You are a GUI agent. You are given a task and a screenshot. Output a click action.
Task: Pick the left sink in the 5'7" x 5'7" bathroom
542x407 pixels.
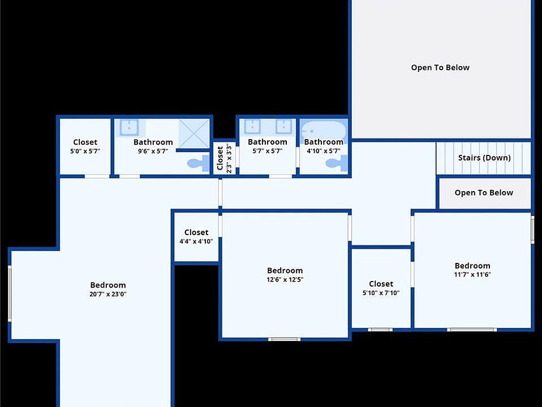coord(252,127)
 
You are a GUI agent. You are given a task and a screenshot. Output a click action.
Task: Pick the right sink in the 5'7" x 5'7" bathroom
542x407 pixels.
coord(283,127)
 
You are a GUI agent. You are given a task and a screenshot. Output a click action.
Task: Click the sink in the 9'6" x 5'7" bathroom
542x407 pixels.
coord(128,128)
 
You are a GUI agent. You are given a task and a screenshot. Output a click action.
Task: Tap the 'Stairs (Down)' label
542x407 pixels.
coord(484,158)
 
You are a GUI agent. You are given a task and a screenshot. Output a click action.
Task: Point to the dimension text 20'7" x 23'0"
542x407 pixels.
coord(108,294)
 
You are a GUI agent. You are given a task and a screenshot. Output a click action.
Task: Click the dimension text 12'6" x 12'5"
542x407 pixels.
coord(285,279)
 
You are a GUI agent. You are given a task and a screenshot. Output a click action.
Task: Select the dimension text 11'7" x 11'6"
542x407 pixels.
coord(472,275)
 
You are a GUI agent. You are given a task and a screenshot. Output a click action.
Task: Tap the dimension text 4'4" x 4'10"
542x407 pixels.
coord(196,241)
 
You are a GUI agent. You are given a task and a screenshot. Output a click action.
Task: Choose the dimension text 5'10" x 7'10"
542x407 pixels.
coord(381,293)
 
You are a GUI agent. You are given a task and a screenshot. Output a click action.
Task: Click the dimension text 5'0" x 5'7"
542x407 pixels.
coord(85,151)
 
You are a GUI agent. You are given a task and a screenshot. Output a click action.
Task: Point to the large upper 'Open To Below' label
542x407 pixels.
coord(440,67)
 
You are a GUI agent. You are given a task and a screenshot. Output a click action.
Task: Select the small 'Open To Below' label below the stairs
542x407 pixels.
coord(484,193)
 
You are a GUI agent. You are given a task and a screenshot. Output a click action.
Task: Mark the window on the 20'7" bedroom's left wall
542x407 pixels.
coord(10,293)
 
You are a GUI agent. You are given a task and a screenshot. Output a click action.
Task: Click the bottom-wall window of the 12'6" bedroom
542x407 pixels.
coord(284,339)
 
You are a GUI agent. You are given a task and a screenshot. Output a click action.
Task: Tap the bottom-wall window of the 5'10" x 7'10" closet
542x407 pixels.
coord(380,330)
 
